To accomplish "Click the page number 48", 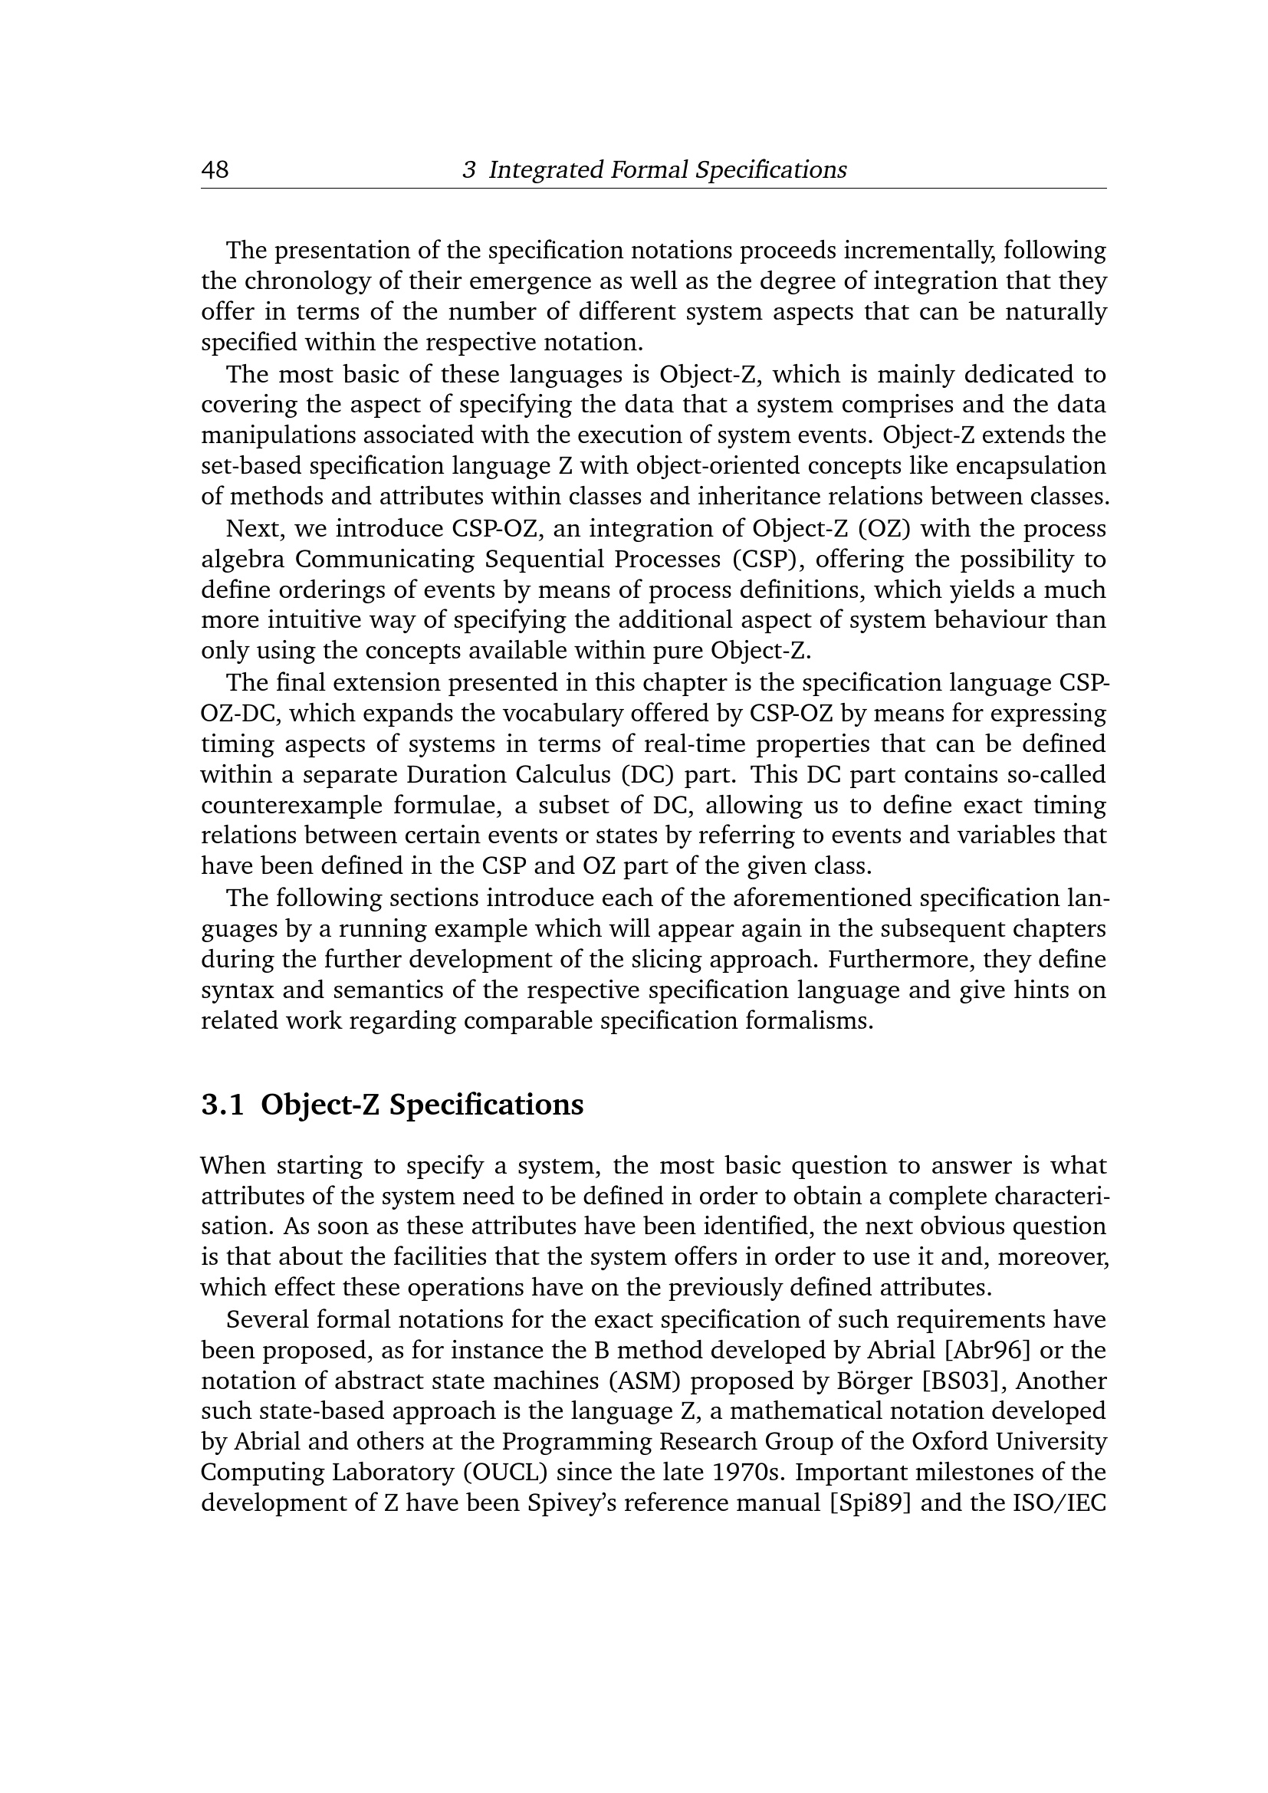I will point(215,169).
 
